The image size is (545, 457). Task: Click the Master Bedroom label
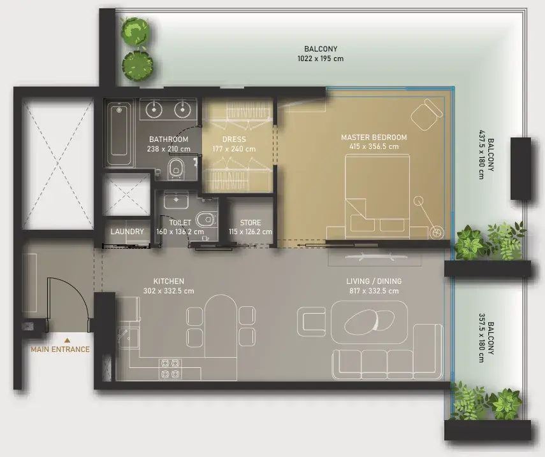coord(374,137)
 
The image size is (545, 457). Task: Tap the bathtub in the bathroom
coord(119,133)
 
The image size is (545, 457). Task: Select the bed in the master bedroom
coord(377,193)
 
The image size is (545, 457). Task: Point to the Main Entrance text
coord(60,349)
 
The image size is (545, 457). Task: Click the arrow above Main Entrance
coord(68,341)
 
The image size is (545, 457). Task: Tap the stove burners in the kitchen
coord(170,369)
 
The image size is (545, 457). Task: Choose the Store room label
coord(251,223)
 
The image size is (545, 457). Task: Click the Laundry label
coord(127,232)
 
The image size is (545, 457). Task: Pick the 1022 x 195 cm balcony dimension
coord(320,59)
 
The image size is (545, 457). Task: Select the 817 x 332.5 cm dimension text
coord(374,291)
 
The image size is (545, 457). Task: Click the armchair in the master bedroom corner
coord(426,114)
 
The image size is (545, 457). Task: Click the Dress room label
coord(234,139)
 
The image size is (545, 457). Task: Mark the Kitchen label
coord(168,281)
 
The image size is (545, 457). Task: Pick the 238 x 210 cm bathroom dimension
coord(168,149)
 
